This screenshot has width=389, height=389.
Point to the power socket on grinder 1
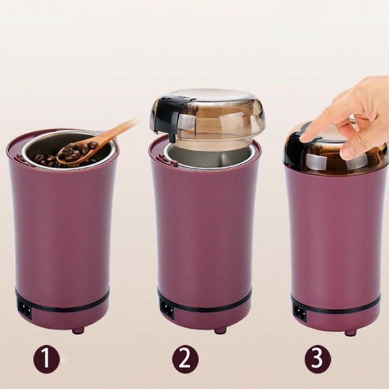pos(25,310)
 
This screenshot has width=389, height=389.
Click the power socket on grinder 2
pos(167,309)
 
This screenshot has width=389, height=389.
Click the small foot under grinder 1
pos(78,331)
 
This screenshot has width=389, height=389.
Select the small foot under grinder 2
pos(220,331)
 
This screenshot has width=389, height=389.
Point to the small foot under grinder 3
pos(350,333)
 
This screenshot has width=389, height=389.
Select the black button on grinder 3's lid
pos(296,150)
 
